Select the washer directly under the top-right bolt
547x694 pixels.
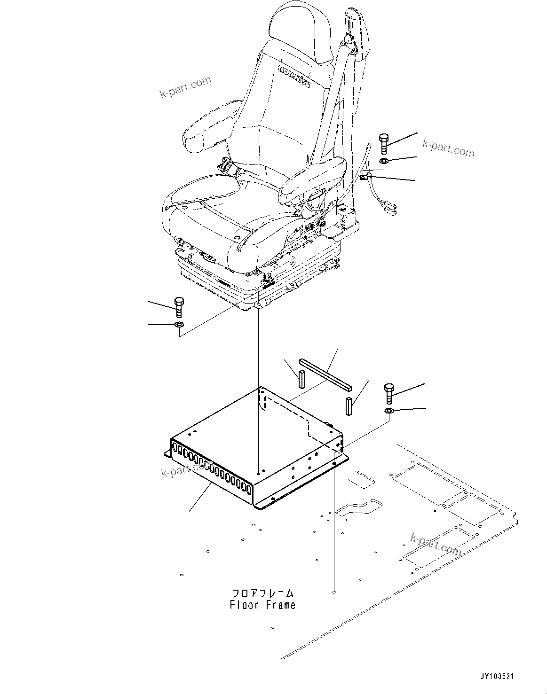coord(383,162)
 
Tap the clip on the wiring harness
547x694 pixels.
coord(365,178)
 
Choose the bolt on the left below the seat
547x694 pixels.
coord(178,307)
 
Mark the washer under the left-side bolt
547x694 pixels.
coord(179,325)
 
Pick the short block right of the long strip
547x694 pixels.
coord(349,406)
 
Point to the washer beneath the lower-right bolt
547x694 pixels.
coord(389,412)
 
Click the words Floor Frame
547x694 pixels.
coord(262,605)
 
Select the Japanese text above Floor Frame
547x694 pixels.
coord(262,593)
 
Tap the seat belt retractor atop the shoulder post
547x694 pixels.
coord(356,33)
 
